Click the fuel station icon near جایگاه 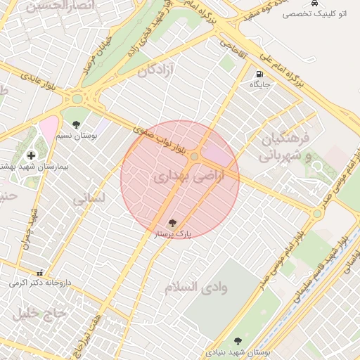point(259,74)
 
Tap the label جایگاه point(260,84)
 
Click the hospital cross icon point(30,155)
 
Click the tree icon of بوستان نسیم point(76,124)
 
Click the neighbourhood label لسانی point(89,198)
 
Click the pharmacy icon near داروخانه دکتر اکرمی point(39,273)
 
